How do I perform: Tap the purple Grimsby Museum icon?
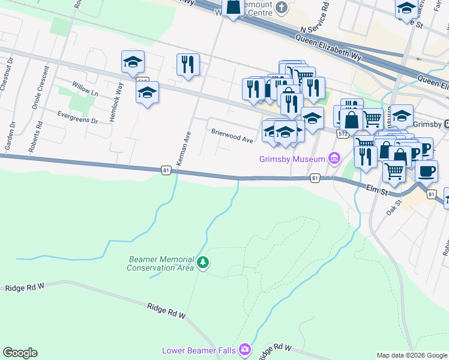point(334,159)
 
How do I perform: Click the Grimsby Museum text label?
point(292,160)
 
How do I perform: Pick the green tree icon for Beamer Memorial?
point(203,262)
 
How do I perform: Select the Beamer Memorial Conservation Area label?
point(161,263)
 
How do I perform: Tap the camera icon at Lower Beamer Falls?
point(244,349)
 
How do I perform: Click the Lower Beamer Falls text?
point(199,350)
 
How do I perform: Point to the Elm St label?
point(378,190)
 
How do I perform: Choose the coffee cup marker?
point(426,171)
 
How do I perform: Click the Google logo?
point(20,353)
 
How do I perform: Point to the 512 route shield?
point(340,133)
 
